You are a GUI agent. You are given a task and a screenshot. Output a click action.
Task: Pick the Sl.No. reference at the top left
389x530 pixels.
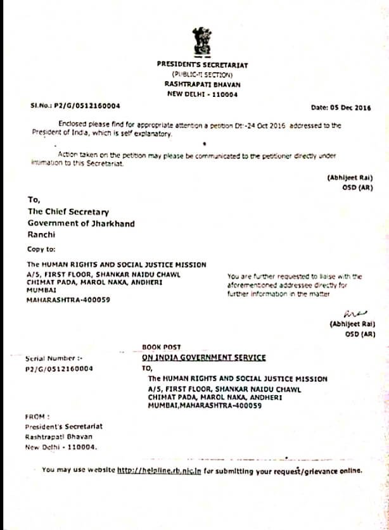[75, 106]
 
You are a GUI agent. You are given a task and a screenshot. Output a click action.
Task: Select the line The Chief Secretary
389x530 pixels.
[68, 212]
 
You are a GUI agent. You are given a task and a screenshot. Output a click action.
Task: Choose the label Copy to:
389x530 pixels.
[41, 249]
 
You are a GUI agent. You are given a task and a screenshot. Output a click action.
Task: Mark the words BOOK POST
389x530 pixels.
[162, 347]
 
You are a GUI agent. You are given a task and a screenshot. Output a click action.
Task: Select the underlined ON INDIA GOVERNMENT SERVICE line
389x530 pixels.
[204, 357]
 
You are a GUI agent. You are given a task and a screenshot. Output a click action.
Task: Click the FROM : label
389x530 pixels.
[37, 417]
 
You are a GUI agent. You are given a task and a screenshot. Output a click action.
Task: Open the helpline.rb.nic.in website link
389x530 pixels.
[156, 470]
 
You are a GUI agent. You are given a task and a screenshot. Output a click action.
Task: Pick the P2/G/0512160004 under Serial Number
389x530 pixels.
[59, 368]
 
